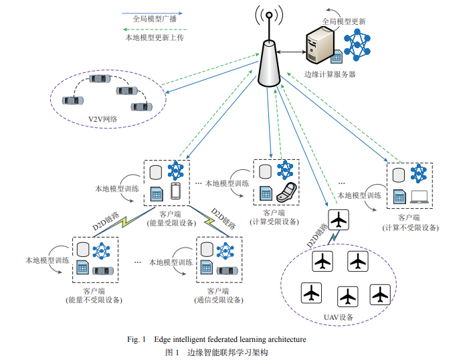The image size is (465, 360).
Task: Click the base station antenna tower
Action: (x=268, y=60)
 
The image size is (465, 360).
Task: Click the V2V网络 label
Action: (x=103, y=119)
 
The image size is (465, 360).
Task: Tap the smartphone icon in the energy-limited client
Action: (x=176, y=191)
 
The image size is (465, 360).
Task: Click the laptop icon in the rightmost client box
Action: (x=420, y=197)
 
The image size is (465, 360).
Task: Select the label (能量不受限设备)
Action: (x=94, y=300)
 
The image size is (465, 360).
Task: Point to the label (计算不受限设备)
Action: (x=409, y=227)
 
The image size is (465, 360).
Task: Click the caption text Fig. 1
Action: (x=136, y=339)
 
